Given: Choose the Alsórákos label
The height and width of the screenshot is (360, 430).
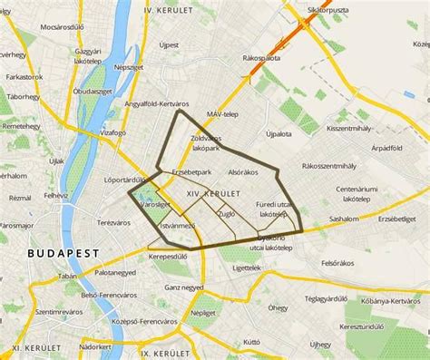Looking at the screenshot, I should point(243,171).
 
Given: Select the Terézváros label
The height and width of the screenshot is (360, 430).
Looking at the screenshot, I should point(114,222).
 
